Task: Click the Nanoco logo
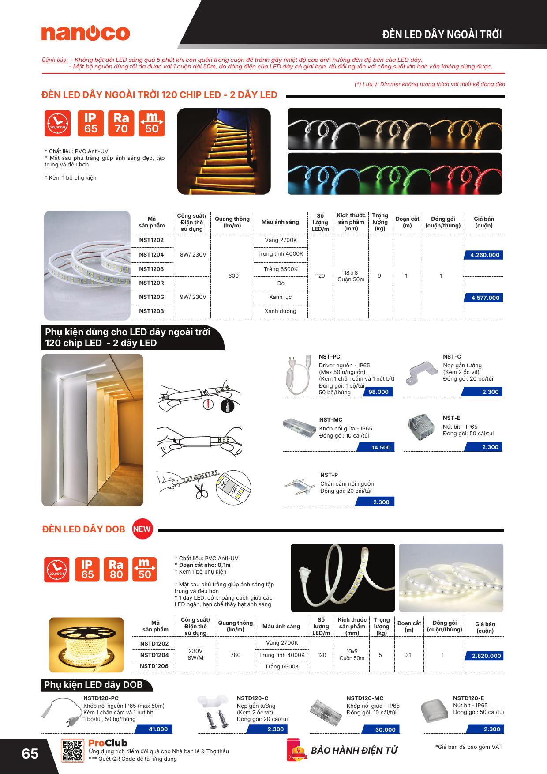point(86,34)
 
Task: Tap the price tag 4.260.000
point(484,255)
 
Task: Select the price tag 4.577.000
point(484,298)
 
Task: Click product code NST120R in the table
point(151,283)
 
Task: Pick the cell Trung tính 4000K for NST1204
point(280,254)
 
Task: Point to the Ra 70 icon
point(121,123)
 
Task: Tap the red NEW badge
point(142,529)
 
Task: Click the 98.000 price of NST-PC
point(378,392)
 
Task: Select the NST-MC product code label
point(330,419)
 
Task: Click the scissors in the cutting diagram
point(202,491)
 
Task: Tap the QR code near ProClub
point(72,750)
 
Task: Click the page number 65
point(30,753)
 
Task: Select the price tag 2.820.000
point(486,656)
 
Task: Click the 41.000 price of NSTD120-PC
point(158,729)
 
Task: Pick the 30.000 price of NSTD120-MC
point(385,729)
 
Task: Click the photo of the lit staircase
point(224,151)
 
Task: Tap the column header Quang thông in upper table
point(232,222)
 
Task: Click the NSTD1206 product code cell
point(154,666)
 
